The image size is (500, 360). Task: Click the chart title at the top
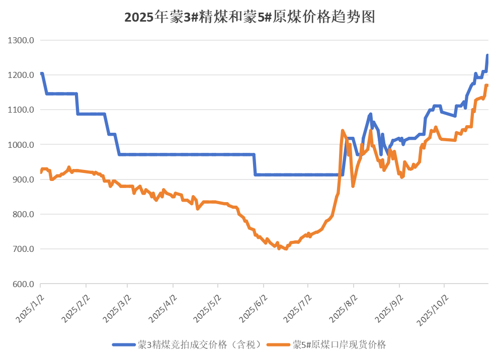pos(249,18)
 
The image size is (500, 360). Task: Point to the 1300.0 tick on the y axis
pos(22,40)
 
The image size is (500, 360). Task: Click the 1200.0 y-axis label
pos(22,75)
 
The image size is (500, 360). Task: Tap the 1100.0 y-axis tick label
pos(22,110)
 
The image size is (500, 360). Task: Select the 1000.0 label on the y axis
pos(22,145)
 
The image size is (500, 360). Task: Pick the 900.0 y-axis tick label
pos(23,179)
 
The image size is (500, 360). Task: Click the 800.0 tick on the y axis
pos(23,214)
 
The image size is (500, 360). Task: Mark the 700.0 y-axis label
pos(23,249)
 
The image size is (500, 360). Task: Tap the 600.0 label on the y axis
pos(23,284)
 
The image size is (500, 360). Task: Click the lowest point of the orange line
pos(286,249)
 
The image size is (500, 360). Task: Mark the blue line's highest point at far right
pos(487,54)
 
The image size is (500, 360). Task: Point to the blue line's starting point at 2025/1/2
pos(41,73)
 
